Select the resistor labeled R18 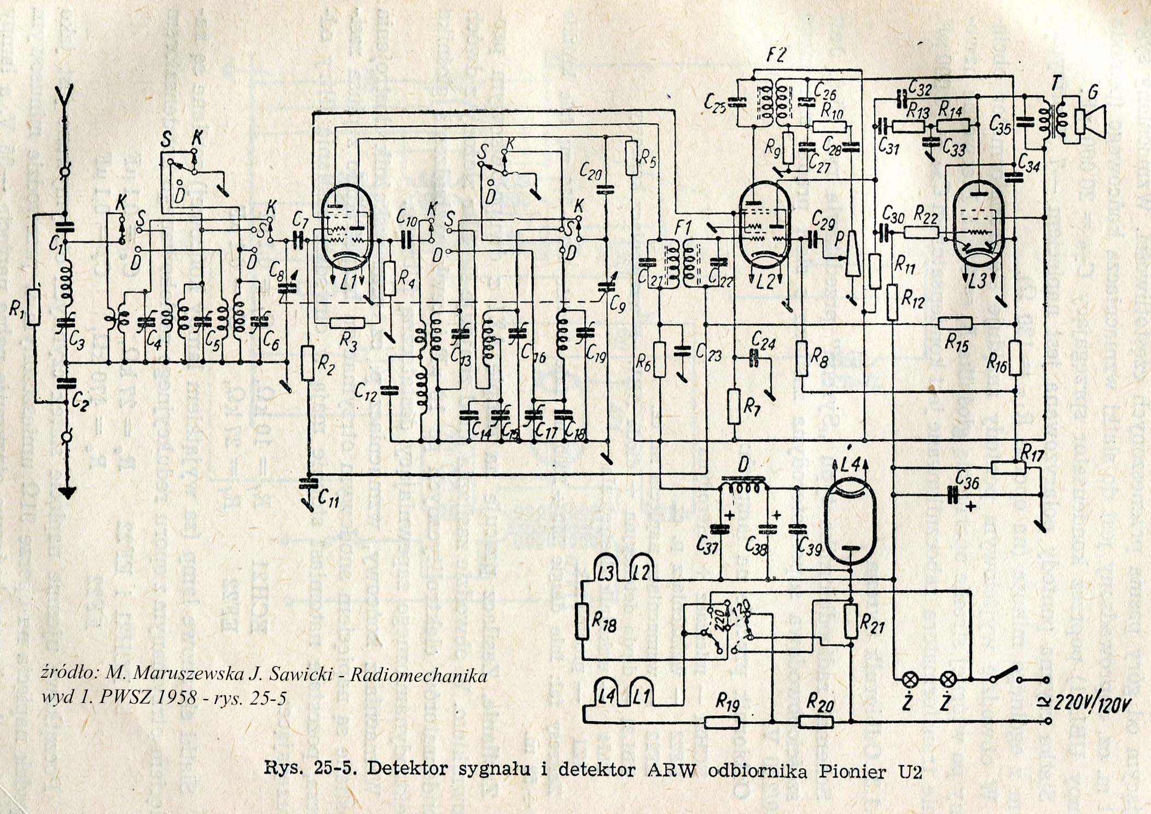584,621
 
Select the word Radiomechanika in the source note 418,676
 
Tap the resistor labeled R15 955,324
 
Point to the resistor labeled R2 307,363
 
